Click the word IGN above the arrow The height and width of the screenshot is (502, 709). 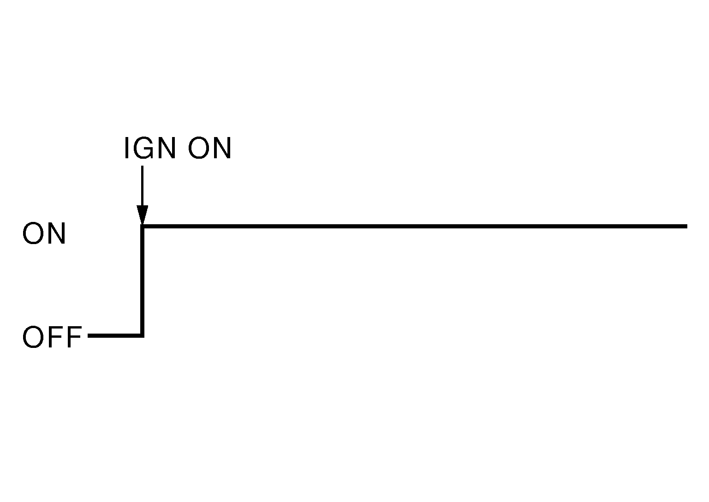149,149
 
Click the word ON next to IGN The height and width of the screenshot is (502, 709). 209,149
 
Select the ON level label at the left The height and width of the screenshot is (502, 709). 44,234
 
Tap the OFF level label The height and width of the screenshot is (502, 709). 52,337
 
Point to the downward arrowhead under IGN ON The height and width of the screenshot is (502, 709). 143,215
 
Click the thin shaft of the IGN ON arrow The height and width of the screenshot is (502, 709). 143,185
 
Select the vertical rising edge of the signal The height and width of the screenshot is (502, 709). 143,281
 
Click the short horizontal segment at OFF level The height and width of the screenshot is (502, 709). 115,335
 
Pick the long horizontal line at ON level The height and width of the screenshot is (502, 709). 415,226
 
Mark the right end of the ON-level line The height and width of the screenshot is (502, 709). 685,226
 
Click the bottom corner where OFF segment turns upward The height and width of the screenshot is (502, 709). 142,335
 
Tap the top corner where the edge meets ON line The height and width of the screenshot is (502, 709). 143,227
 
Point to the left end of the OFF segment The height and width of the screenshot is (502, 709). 89,335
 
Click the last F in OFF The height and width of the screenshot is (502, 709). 74,337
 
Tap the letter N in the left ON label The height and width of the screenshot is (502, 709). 57,234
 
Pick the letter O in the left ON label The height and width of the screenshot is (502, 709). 33,234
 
